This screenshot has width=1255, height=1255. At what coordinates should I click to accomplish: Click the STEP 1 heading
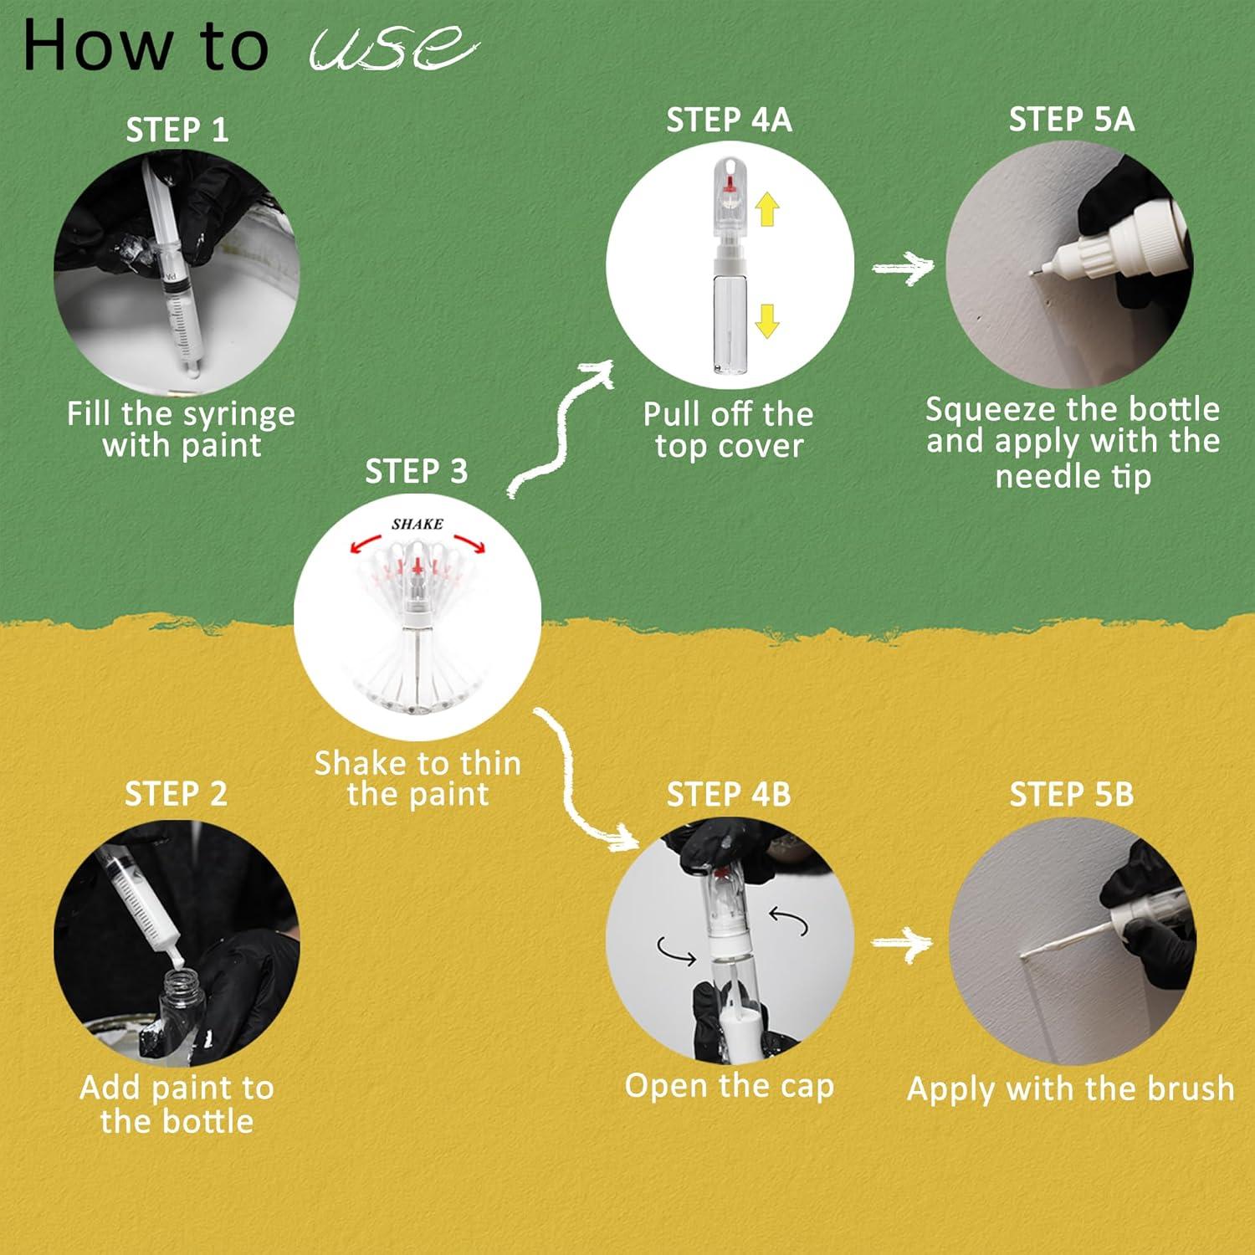pos(177,130)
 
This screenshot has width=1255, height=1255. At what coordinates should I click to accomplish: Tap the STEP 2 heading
pos(176,793)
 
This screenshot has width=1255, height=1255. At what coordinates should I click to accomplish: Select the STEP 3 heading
pos(416,472)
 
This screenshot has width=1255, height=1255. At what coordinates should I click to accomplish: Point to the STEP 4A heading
pos(729,120)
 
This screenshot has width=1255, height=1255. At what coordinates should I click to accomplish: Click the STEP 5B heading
pos(1071,794)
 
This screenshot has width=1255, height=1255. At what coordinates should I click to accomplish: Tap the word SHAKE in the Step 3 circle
pos(417,525)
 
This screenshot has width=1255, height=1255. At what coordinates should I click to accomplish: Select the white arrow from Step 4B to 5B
pos(901,944)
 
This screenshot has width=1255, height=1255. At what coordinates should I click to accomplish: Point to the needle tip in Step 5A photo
pos(1032,272)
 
